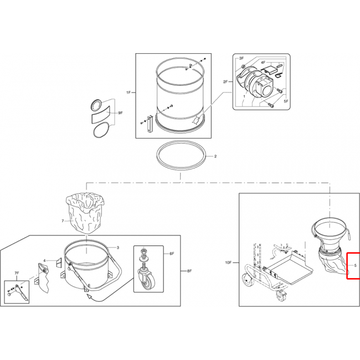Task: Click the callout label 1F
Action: (x=128, y=92)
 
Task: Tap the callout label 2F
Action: (x=225, y=82)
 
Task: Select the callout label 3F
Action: (x=241, y=59)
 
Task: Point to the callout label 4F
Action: (x=263, y=62)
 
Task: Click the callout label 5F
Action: (x=286, y=101)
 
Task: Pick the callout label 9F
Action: (x=121, y=113)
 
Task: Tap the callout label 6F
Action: (x=172, y=254)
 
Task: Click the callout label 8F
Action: (x=189, y=271)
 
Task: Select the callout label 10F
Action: (x=229, y=263)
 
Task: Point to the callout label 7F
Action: (x=17, y=273)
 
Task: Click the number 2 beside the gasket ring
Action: (x=215, y=157)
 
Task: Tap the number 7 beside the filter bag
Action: (x=63, y=221)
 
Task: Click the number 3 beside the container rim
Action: (x=118, y=248)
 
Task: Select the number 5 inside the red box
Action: (x=355, y=265)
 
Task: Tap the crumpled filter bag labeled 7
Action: (x=85, y=214)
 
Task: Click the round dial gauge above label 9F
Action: (x=96, y=106)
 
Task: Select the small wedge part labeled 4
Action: (x=59, y=263)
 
